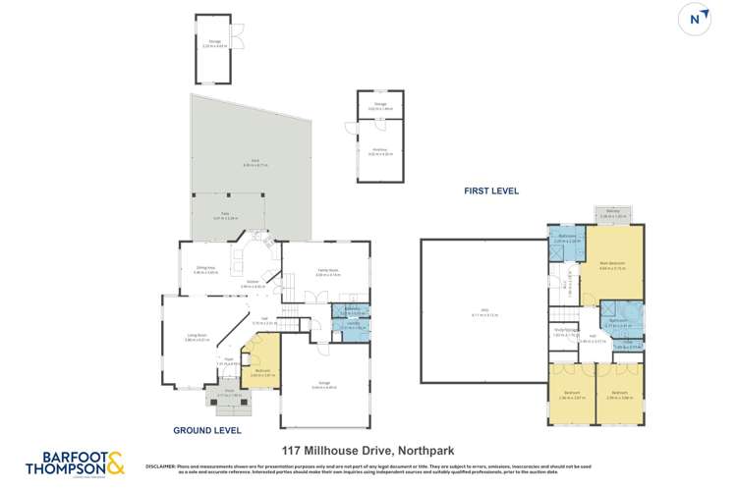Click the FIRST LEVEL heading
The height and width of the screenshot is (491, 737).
click(x=491, y=191)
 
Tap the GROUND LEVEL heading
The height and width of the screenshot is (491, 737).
click(x=206, y=430)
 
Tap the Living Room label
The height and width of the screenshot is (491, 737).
click(x=197, y=336)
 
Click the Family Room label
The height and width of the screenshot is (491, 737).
click(x=327, y=272)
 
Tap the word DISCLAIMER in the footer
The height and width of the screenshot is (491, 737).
click(x=161, y=465)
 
